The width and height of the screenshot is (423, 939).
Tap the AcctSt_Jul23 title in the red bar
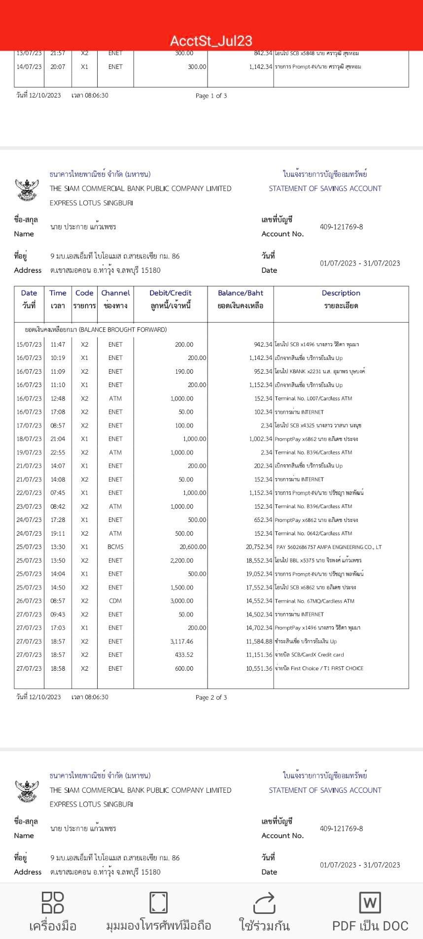pos(211,41)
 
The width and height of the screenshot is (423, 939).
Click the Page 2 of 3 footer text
pos(211,697)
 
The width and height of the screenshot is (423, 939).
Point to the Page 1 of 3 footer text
pos(211,96)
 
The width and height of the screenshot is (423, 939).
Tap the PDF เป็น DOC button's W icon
pos(370,903)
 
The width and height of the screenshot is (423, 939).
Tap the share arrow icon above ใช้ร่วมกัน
pos(264,903)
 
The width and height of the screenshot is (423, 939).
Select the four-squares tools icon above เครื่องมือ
pos(53,903)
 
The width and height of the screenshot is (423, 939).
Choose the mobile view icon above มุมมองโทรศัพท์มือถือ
pos(158,903)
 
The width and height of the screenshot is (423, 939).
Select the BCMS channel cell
pos(115,547)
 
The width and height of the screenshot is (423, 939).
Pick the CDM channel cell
pos(115,601)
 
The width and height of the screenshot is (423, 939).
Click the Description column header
pos(341,293)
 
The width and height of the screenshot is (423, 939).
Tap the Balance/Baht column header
pos(241,293)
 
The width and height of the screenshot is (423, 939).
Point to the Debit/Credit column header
pos(170,293)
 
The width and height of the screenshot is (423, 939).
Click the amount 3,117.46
pos(181,642)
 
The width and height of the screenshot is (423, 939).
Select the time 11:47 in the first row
pos(58,345)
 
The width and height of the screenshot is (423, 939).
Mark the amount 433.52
pos(184,655)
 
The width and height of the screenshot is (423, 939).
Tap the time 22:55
pos(58,453)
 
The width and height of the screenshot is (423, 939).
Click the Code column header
pos(84,293)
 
